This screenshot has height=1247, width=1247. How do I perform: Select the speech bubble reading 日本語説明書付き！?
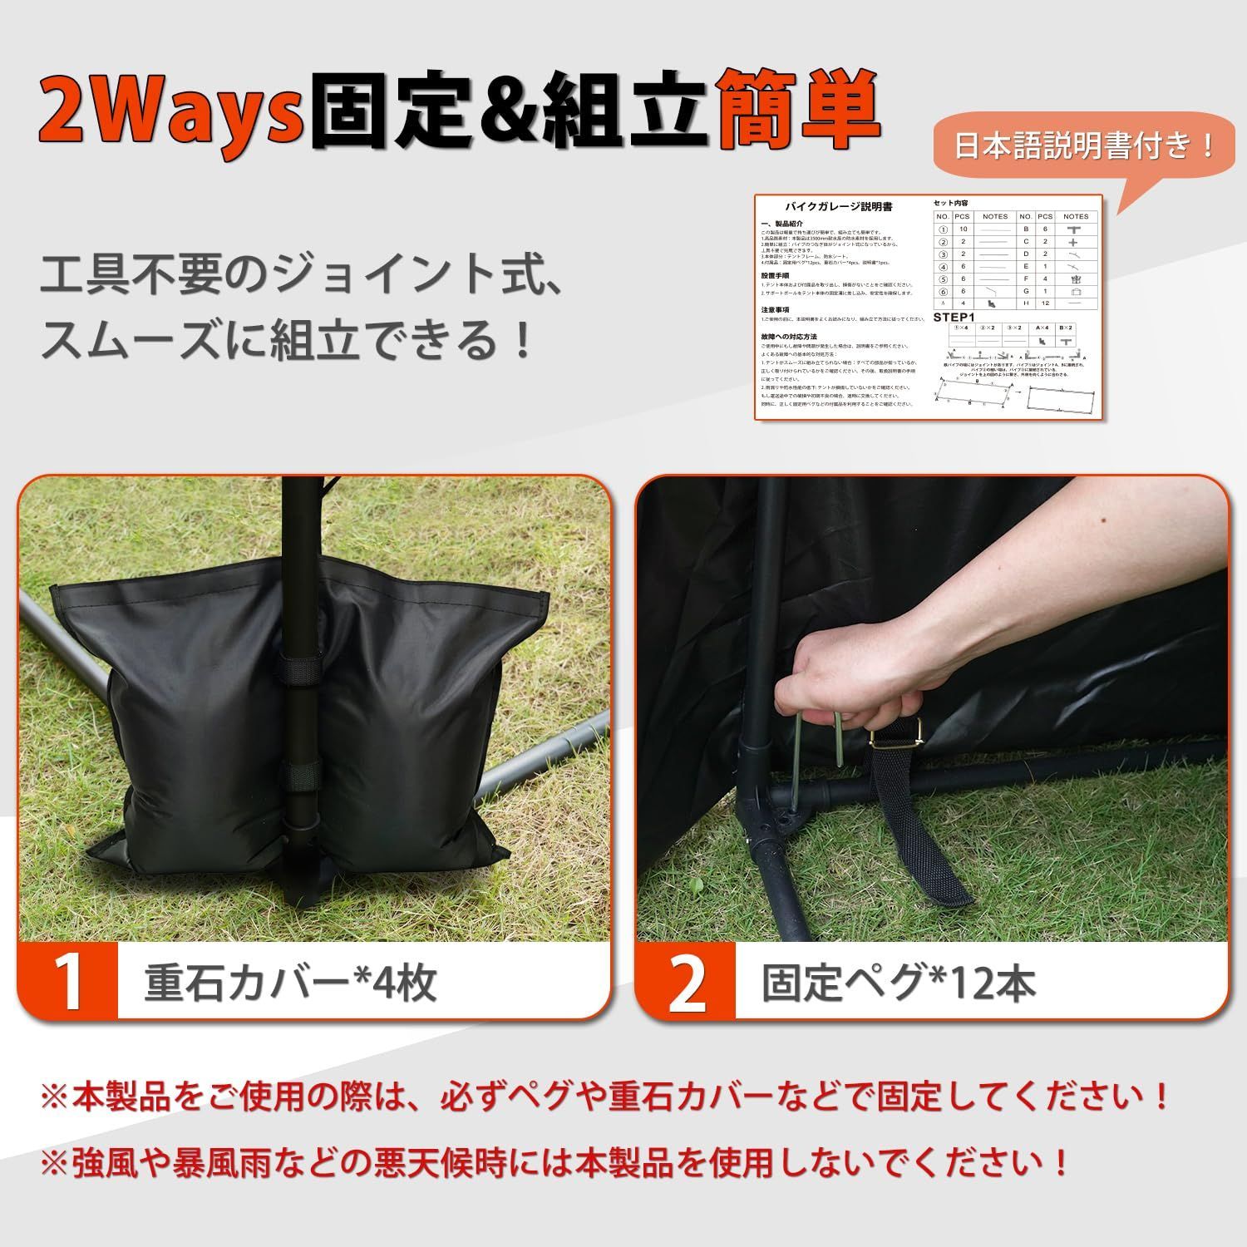(1084, 147)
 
